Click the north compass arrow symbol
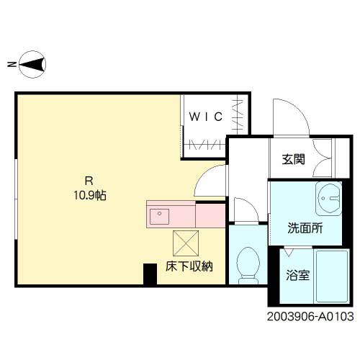click(32, 65)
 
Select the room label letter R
click(88, 181)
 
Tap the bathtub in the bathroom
click(332, 276)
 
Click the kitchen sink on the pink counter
click(158, 214)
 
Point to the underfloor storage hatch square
click(185, 242)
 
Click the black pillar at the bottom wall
click(150, 274)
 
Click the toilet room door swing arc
click(245, 209)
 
